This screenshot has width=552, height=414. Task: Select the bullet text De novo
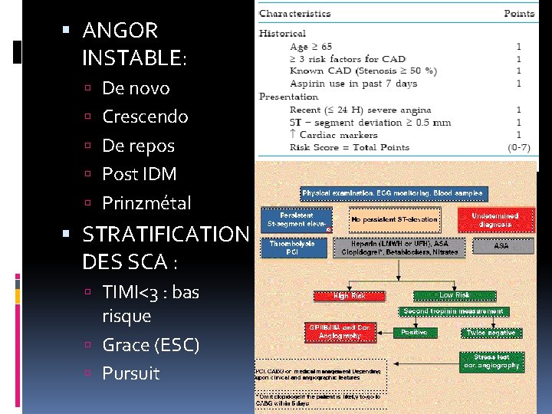(136, 88)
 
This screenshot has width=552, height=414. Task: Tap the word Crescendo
(145, 117)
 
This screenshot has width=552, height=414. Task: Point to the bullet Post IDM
(139, 174)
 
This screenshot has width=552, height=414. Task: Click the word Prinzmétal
(146, 203)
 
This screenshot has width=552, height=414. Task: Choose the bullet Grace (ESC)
(150, 345)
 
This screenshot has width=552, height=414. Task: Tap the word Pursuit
(131, 373)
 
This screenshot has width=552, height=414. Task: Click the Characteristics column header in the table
(295, 14)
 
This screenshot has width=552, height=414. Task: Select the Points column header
(519, 14)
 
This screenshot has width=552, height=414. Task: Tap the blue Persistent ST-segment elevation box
(297, 219)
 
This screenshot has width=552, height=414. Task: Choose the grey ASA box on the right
(501, 247)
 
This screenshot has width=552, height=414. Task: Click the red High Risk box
(349, 295)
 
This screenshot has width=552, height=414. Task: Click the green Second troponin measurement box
(453, 311)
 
